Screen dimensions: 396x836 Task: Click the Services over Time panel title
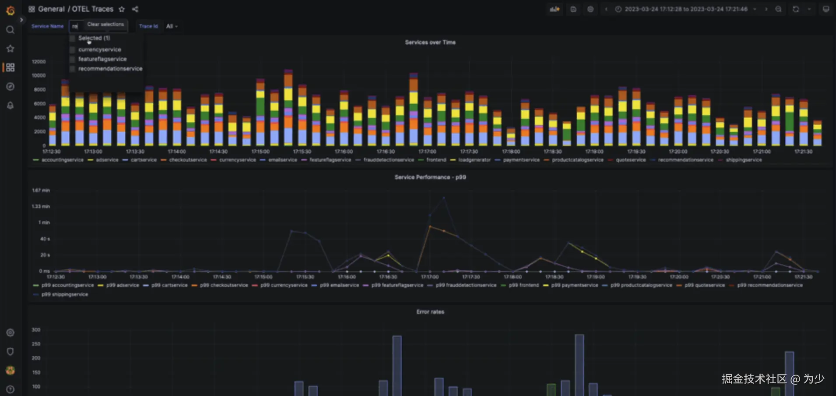(430, 42)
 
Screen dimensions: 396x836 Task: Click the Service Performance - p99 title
(430, 177)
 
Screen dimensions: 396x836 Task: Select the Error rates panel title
(430, 312)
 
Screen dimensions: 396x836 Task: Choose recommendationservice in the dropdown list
(110, 69)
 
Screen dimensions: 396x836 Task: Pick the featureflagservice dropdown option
(102, 59)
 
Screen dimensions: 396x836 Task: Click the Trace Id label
(148, 26)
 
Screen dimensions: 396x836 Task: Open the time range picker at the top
(685, 9)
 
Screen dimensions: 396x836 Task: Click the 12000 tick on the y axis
(39, 62)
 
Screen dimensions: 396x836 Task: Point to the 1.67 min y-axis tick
(41, 191)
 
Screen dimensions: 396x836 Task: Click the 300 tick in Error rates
(36, 330)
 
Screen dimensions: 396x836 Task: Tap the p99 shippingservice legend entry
(64, 294)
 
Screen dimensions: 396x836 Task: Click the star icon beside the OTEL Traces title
(122, 9)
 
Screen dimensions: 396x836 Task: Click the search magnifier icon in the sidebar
(11, 30)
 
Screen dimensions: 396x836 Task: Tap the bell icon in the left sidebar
(11, 106)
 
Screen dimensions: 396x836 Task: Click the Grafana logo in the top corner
(11, 10)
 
